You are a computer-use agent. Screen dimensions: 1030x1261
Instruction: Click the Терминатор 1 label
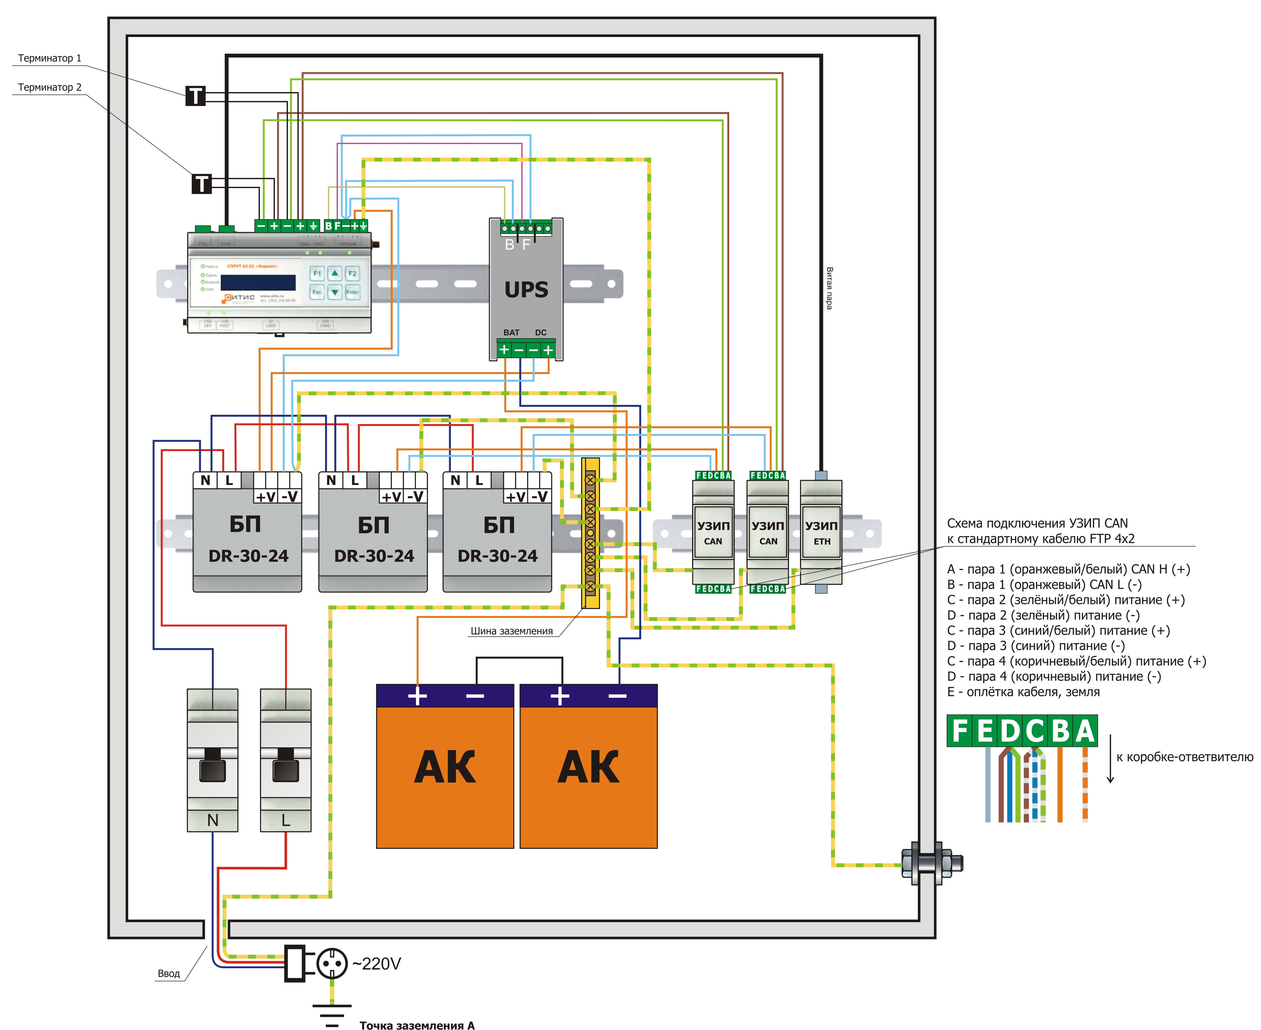(49, 58)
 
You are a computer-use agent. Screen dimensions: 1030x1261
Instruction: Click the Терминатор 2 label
(49, 87)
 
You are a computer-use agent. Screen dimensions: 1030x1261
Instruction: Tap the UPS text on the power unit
(526, 289)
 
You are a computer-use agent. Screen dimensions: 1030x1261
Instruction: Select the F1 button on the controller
(317, 274)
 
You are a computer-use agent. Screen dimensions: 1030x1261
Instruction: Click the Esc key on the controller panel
(317, 292)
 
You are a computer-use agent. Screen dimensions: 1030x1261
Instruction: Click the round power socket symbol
(331, 963)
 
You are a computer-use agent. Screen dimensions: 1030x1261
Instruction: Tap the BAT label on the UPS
(511, 333)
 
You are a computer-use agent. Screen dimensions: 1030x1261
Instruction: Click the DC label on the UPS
(540, 333)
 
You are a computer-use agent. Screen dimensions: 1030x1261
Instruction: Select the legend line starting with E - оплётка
(1023, 692)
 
